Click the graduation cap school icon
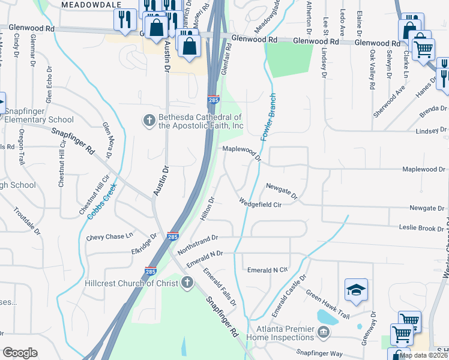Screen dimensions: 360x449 (356, 290)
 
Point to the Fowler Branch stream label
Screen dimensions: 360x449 (267, 118)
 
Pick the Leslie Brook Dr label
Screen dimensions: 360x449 (423, 228)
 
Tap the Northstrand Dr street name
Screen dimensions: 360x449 (196, 242)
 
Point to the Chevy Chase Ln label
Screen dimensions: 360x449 (109, 237)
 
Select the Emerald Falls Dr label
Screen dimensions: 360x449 (219, 288)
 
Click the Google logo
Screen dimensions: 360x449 (20, 353)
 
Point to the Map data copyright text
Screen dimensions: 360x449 (424, 355)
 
